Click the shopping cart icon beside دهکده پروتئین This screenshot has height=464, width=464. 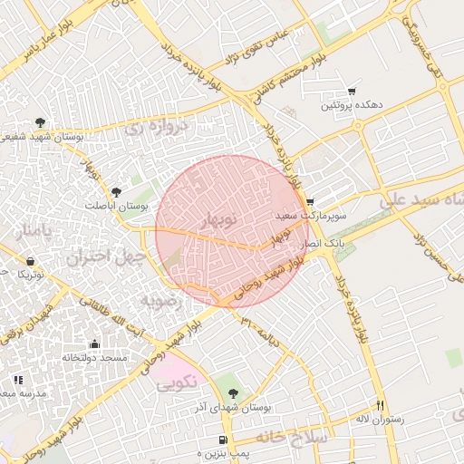click(352, 92)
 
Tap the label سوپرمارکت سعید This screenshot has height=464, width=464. click(308, 216)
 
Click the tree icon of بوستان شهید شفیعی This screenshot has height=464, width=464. click(39, 121)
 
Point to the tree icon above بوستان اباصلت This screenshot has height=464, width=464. click(115, 191)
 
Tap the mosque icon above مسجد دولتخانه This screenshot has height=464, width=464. click(94, 343)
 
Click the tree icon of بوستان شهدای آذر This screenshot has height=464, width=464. click(234, 393)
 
